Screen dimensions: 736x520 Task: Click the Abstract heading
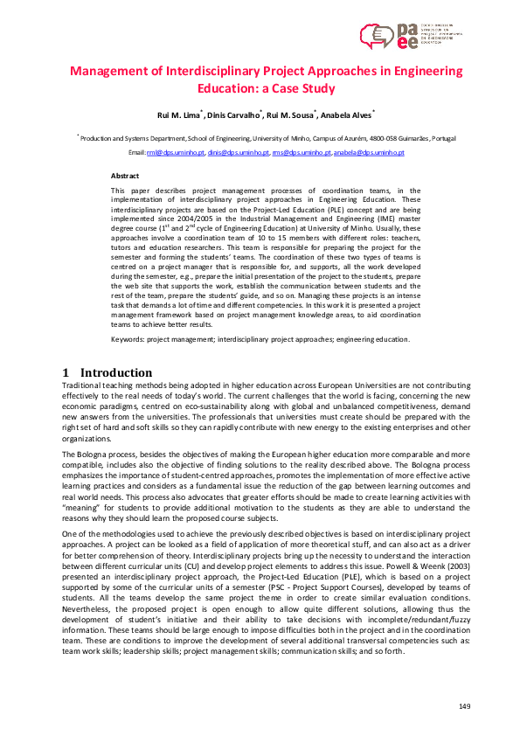(126, 176)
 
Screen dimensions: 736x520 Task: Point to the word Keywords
(128, 338)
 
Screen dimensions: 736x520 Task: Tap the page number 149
(465, 705)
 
